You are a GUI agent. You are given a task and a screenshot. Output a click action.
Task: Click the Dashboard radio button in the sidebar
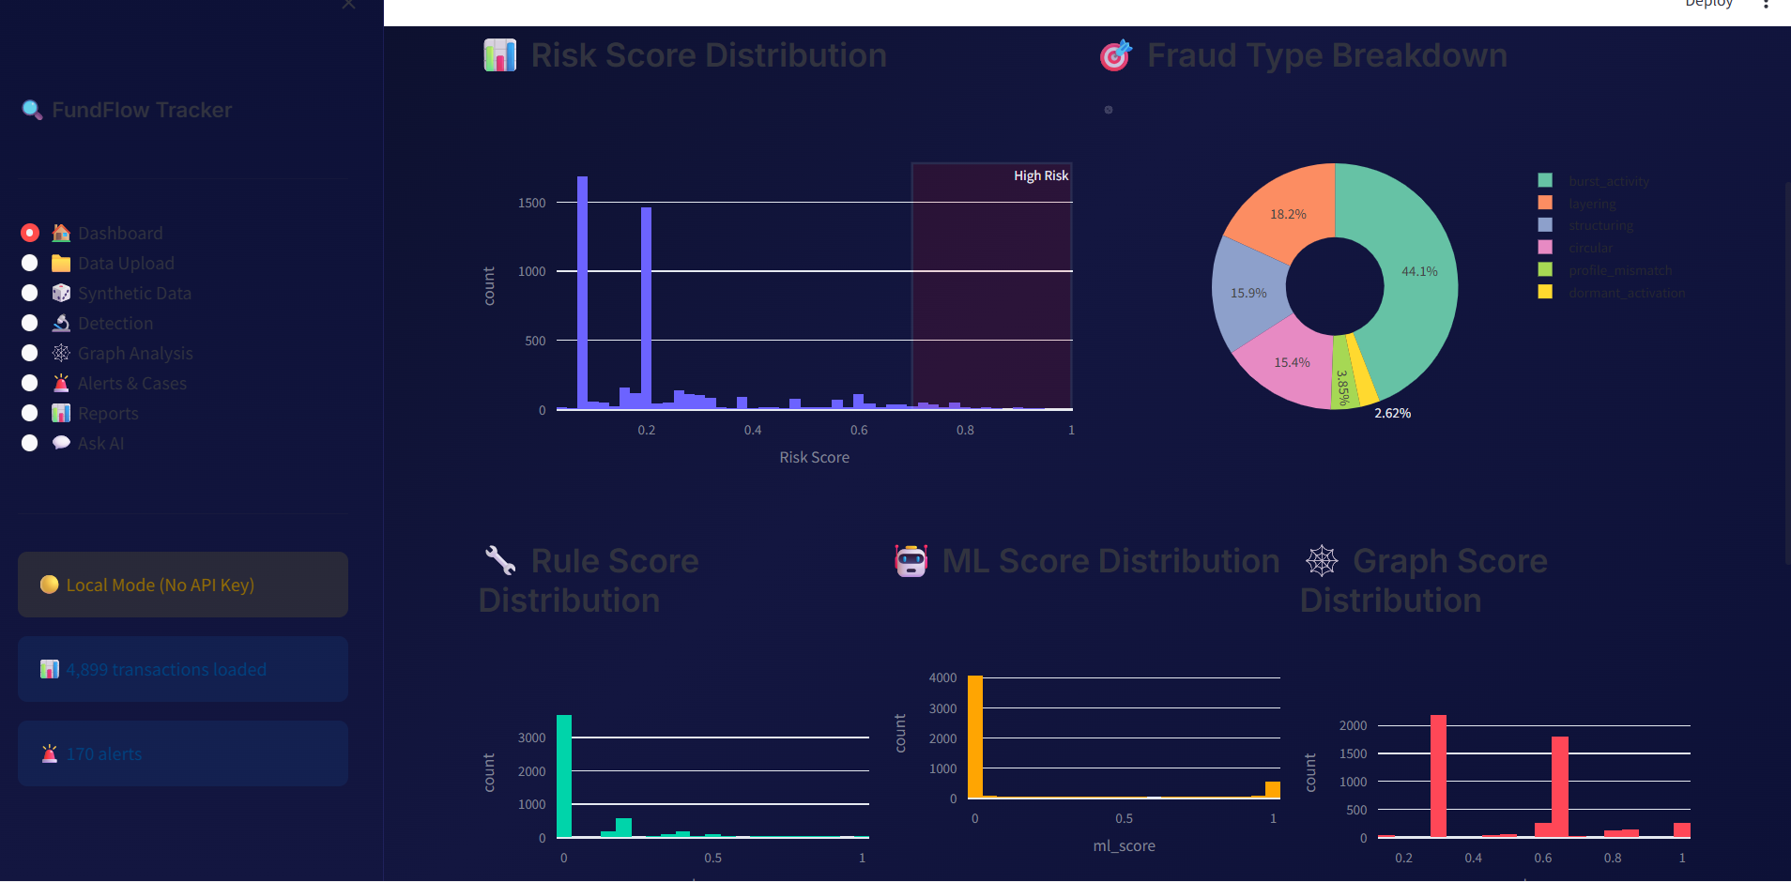tap(30, 233)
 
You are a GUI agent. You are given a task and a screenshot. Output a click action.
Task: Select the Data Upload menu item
tap(126, 264)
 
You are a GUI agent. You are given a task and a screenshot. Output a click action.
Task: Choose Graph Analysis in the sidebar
tap(135, 354)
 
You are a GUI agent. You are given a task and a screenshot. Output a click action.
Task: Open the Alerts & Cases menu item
tap(131, 384)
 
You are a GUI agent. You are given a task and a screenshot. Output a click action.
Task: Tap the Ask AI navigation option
tap(100, 444)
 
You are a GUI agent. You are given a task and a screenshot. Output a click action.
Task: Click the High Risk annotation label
tap(1040, 175)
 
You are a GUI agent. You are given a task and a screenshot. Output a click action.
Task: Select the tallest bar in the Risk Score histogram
tap(583, 291)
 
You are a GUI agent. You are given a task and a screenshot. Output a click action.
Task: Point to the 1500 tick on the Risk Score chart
tap(531, 203)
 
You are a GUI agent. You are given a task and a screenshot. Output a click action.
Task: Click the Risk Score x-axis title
tap(814, 457)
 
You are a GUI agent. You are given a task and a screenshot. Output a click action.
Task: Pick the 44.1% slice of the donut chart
tap(1408, 281)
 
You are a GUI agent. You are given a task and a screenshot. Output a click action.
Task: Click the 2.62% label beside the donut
tap(1392, 413)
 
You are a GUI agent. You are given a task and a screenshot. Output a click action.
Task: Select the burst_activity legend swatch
tap(1545, 180)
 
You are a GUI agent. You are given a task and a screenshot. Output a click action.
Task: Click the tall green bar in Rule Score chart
tap(564, 775)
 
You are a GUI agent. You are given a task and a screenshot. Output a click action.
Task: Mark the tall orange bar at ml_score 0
tap(975, 737)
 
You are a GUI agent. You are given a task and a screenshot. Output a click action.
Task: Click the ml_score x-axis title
tap(1124, 845)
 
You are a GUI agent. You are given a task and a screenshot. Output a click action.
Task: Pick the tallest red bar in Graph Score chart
tap(1438, 775)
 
